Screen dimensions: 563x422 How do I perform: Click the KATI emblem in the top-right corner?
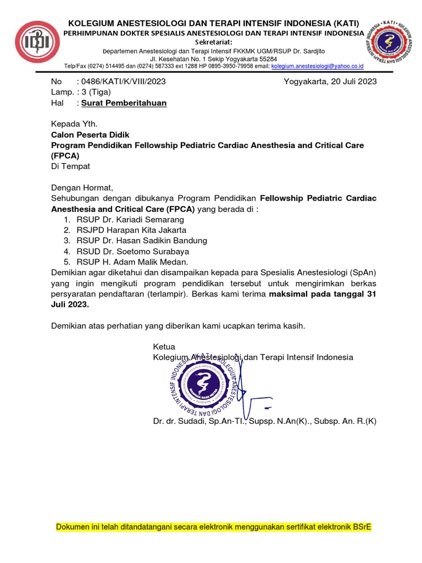pos(392,43)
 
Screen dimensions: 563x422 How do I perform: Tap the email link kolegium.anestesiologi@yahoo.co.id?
pos(318,66)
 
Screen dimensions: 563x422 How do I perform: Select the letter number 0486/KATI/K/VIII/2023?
pos(123,81)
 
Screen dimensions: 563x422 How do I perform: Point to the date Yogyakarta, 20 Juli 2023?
pos(330,81)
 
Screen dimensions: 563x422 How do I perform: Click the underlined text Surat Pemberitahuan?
pos(124,103)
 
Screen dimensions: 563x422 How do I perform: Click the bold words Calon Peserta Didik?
pos(91,134)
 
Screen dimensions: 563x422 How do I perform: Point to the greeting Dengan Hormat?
pos(81,187)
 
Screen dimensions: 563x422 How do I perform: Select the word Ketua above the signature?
pos(164,347)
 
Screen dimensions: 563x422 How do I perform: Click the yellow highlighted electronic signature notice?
pos(214,527)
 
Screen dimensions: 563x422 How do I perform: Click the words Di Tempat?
pos(70,166)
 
